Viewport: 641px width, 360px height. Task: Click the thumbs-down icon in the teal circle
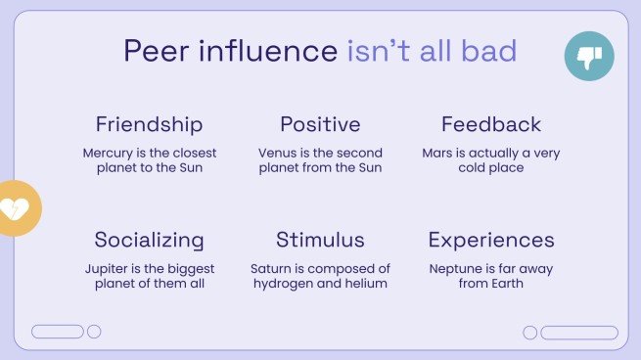point(589,57)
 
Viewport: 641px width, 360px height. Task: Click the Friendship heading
point(150,124)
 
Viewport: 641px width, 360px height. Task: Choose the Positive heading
point(320,124)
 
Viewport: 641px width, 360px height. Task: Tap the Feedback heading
point(491,124)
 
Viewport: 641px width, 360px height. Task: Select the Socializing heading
point(150,240)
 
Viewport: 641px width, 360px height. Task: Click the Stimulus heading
point(320,240)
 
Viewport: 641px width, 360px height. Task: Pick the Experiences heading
point(491,240)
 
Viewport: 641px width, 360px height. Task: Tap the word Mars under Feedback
point(437,154)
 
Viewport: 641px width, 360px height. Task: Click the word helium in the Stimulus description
point(368,284)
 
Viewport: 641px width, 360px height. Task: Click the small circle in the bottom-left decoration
point(94,332)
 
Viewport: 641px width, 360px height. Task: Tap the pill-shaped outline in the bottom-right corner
point(579,333)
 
